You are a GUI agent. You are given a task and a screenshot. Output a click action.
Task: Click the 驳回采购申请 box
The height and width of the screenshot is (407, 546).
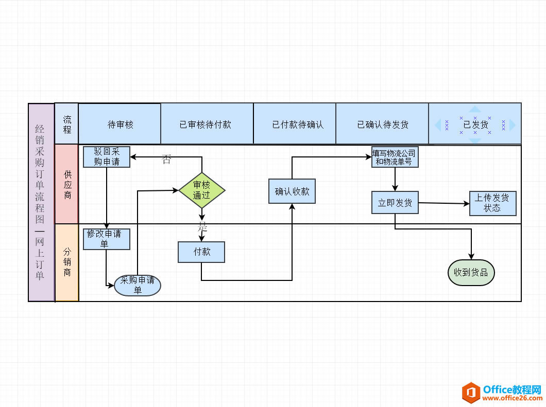click(107, 156)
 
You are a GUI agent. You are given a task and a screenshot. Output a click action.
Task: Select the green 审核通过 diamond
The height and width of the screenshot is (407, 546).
click(202, 190)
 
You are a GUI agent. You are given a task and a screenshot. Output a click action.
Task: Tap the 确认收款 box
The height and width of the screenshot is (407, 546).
click(292, 191)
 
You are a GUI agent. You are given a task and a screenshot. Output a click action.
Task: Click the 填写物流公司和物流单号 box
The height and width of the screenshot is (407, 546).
click(395, 157)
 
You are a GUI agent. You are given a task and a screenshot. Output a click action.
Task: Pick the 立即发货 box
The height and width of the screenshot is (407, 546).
click(395, 203)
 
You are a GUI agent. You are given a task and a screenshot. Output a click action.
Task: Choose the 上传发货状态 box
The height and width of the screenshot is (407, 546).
click(492, 203)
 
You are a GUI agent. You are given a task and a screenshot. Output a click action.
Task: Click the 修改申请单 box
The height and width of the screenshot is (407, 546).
click(107, 239)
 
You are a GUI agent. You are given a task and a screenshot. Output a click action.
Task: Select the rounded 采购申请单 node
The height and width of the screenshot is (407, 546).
click(138, 285)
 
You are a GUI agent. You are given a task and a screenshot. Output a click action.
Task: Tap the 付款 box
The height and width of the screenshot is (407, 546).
click(201, 252)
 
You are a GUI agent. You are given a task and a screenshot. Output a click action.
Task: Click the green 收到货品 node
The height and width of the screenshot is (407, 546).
click(471, 272)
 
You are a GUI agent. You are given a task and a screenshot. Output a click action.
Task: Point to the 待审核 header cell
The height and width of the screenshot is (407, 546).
click(120, 124)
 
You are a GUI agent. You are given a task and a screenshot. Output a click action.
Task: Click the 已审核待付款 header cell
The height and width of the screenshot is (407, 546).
click(207, 124)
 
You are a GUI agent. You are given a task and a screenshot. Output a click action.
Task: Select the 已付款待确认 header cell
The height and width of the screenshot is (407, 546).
click(295, 124)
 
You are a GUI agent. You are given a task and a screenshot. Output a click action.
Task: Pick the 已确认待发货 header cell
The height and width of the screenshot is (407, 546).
click(382, 124)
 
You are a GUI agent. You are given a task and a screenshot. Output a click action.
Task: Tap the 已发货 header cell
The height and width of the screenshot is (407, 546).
click(475, 124)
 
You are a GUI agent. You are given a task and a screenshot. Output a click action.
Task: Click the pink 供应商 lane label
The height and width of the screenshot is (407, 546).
click(67, 184)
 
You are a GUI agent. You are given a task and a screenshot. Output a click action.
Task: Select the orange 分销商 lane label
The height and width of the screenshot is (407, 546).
click(67, 262)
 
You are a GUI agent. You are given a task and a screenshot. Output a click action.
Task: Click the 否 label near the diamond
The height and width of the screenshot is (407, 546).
click(166, 160)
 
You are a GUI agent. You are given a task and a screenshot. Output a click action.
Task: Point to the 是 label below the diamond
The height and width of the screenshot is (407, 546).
click(202, 227)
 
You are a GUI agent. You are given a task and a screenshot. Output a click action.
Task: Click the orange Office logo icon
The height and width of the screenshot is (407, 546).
click(470, 393)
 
